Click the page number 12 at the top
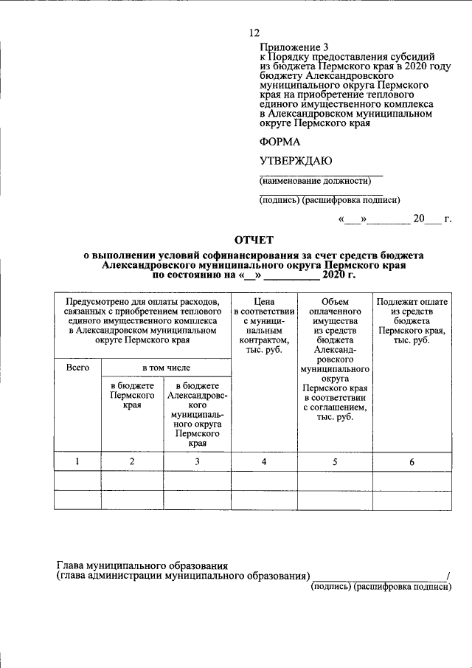point(255,32)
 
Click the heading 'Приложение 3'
point(292,46)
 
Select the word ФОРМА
point(280,142)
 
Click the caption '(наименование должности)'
point(314,181)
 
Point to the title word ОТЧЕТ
point(253,240)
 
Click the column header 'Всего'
point(77,367)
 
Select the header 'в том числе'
point(166,367)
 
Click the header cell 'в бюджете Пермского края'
point(132,396)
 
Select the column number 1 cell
point(77,462)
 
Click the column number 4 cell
point(264,462)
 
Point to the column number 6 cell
point(412,462)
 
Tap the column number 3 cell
point(197,462)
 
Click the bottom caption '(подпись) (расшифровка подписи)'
point(381,587)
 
